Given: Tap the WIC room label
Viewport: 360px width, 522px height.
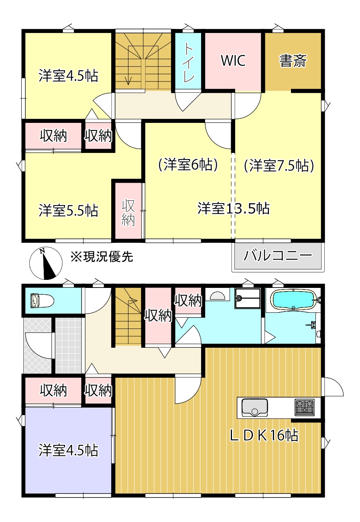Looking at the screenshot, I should [233, 61].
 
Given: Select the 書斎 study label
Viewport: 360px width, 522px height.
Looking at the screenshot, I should [293, 61].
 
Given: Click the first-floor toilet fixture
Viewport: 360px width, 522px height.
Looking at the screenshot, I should [41, 300].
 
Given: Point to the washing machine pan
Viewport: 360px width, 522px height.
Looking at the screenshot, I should [248, 298].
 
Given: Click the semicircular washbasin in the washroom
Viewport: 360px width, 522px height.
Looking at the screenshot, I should [218, 296].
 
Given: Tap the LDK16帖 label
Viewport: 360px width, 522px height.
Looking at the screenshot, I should [264, 435].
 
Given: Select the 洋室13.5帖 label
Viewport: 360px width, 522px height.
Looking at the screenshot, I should [233, 208].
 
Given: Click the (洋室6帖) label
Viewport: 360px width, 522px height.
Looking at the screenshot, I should [188, 165].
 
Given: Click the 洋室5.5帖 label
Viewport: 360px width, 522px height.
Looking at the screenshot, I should [68, 210].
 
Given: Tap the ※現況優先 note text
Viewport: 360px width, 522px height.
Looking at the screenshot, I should [101, 257].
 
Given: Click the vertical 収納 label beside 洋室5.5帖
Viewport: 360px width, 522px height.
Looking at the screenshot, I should [128, 212].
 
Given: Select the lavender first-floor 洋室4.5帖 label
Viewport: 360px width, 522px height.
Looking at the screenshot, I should [68, 450].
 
